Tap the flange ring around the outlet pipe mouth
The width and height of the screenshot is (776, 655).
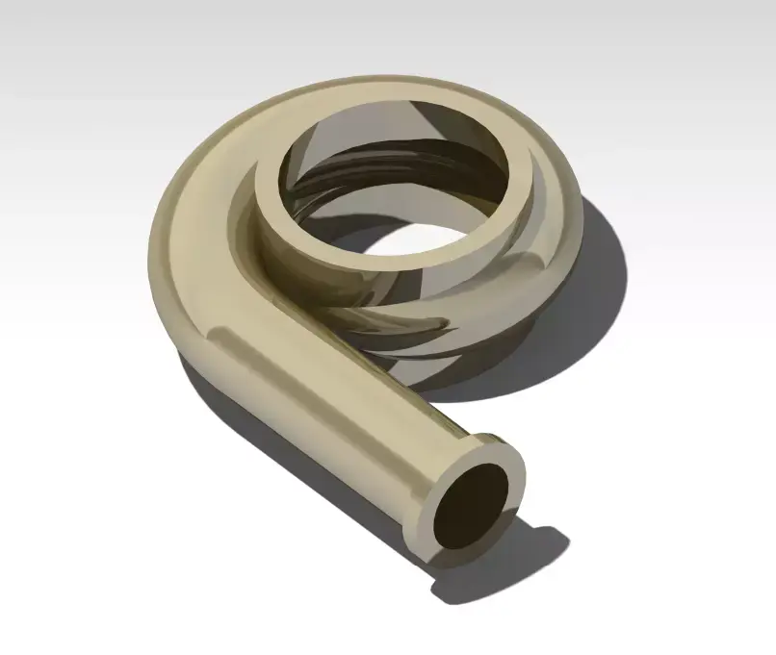coord(511,463)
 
